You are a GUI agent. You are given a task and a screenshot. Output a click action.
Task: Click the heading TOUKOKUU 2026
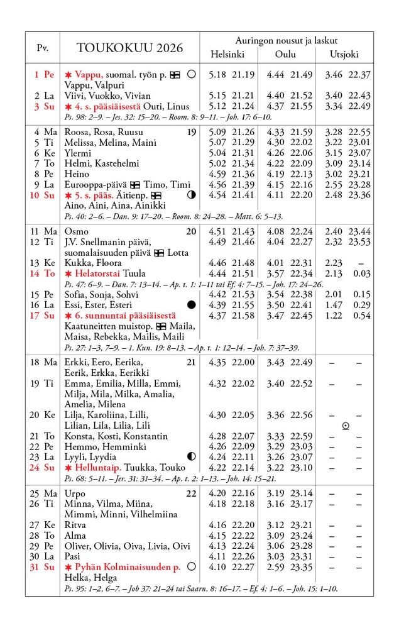[x=129, y=48]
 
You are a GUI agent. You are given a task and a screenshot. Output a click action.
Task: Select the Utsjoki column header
[x=344, y=54]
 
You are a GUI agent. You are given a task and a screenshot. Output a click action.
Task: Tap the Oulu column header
[x=285, y=54]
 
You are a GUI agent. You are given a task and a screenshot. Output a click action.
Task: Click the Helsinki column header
[x=227, y=54]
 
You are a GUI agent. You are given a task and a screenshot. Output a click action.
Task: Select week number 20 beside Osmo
[x=191, y=231]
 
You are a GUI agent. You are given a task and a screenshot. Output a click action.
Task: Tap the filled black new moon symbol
[x=191, y=305]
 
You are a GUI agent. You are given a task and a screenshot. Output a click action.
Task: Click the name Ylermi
[x=78, y=153]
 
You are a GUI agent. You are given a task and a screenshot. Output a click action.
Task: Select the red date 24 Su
[x=45, y=467]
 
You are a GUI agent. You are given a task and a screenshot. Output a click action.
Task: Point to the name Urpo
[x=75, y=493]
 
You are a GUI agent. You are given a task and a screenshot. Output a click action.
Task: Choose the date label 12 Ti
[x=45, y=242]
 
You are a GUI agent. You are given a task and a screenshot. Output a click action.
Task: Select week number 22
[x=191, y=493]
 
